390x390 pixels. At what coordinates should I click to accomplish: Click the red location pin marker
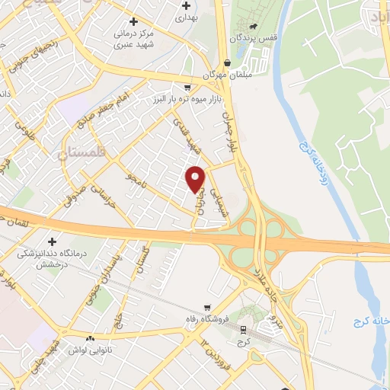click(196, 179)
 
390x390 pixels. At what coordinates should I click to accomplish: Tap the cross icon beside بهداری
click(186, 5)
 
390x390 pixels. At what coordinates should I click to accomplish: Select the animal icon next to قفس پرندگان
click(263, 36)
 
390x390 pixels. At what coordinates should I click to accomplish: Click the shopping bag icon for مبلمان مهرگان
click(228, 64)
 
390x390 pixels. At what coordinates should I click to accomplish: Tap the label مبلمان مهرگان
click(221, 76)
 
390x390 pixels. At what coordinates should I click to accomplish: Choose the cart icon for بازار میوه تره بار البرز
click(187, 88)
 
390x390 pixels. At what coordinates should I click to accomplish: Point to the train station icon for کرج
click(243, 330)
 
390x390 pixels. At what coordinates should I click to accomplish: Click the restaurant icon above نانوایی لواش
click(91, 338)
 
